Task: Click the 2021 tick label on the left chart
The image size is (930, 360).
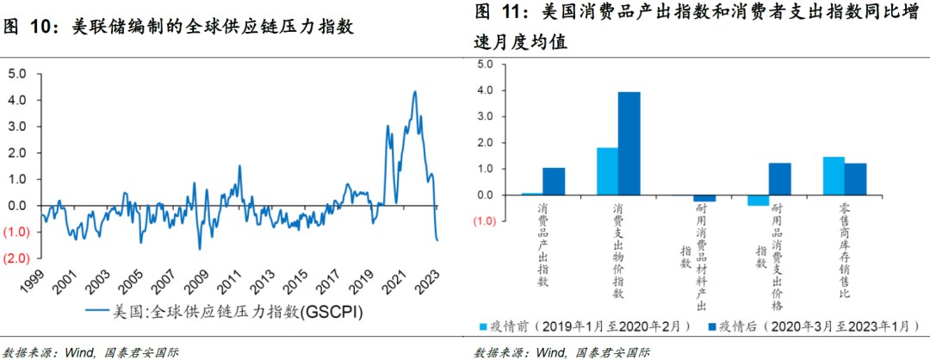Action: click(397, 282)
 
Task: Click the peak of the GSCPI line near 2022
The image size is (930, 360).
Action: click(414, 92)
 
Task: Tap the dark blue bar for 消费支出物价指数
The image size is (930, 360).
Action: click(629, 143)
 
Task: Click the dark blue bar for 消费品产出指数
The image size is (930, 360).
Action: click(554, 181)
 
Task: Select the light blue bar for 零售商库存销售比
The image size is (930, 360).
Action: click(834, 176)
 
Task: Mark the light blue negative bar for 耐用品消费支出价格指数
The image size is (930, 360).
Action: click(758, 201)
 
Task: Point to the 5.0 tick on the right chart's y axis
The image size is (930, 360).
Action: click(483, 65)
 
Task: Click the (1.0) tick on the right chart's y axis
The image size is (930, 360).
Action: click(483, 222)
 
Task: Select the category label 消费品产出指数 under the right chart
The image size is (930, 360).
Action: click(543, 245)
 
